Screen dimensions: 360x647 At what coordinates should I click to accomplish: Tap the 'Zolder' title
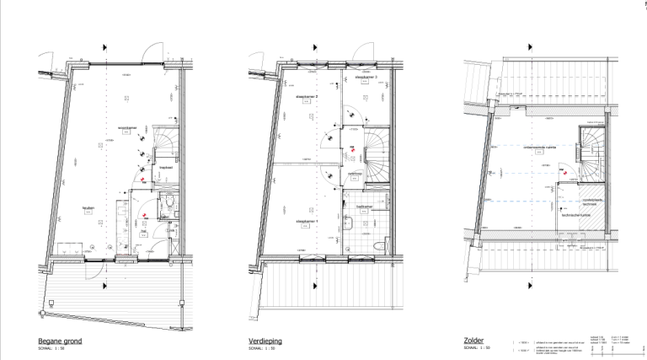(474, 341)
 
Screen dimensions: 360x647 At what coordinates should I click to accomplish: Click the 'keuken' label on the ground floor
(88, 208)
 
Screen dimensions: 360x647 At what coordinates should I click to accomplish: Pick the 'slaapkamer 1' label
(306, 222)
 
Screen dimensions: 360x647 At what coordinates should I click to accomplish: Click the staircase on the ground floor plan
(165, 143)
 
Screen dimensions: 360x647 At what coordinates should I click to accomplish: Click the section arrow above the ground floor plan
(104, 47)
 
